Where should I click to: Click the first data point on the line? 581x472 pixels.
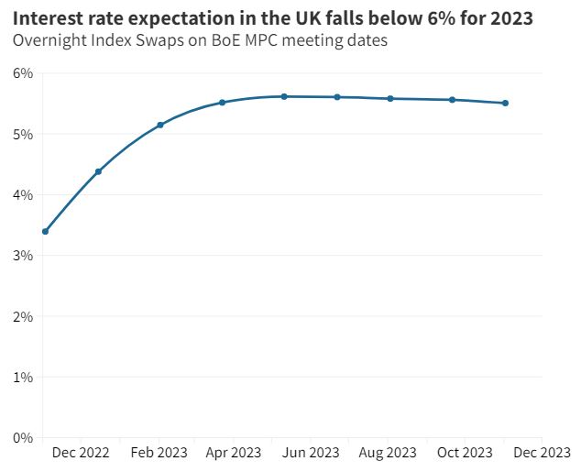(x=45, y=231)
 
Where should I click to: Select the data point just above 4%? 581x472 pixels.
(x=98, y=171)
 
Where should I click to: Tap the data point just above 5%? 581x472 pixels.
(x=160, y=125)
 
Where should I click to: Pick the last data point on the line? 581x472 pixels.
(x=505, y=104)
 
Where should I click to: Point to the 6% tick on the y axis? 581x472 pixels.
(x=23, y=73)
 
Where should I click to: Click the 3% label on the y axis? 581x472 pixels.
(x=23, y=256)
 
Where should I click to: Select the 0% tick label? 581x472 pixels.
(x=23, y=437)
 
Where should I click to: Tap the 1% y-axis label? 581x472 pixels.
(x=23, y=377)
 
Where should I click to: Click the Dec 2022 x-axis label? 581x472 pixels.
(x=81, y=453)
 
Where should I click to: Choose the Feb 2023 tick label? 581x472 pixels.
(x=159, y=453)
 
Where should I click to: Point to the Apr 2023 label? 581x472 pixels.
(x=234, y=453)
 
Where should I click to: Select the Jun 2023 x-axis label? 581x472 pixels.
(x=311, y=453)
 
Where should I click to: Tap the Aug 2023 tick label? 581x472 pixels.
(x=388, y=453)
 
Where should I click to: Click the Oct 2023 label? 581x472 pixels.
(x=464, y=453)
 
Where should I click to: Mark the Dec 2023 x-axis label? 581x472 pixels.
(x=541, y=453)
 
